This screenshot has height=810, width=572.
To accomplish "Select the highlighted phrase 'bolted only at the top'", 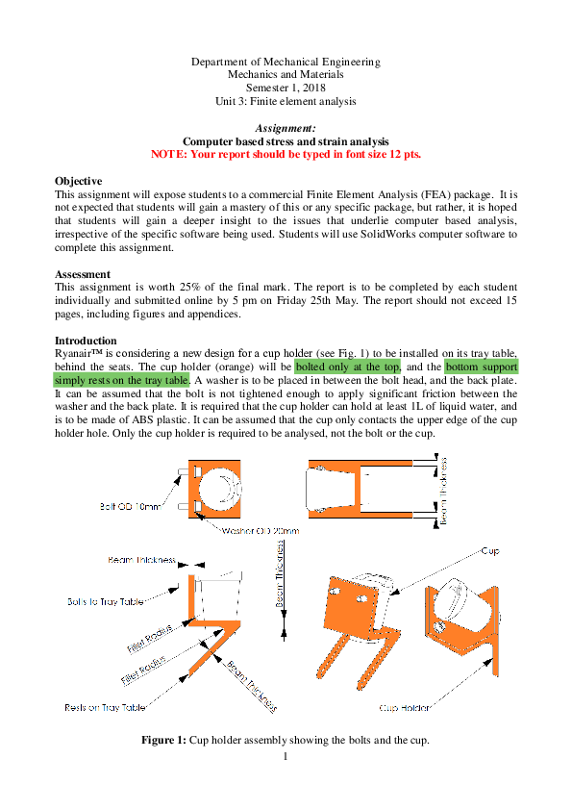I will tap(349, 367).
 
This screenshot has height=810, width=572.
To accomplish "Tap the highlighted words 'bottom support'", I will tap(482, 367).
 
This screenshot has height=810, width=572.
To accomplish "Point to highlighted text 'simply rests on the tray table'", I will tap(122, 380).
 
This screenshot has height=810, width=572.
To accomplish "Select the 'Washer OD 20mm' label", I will tap(261, 530).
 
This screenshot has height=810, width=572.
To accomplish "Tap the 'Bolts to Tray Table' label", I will tap(105, 601).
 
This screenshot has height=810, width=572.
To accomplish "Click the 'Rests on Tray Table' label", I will tap(105, 707).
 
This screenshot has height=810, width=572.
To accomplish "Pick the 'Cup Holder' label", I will tap(404, 708).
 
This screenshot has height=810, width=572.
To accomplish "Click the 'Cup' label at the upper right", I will tap(489, 551).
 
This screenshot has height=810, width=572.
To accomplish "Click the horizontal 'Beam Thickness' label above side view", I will tap(141, 559).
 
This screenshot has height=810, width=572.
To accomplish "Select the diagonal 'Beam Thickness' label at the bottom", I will tap(252, 686).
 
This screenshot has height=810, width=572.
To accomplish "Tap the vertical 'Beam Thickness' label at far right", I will tap(444, 491).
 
